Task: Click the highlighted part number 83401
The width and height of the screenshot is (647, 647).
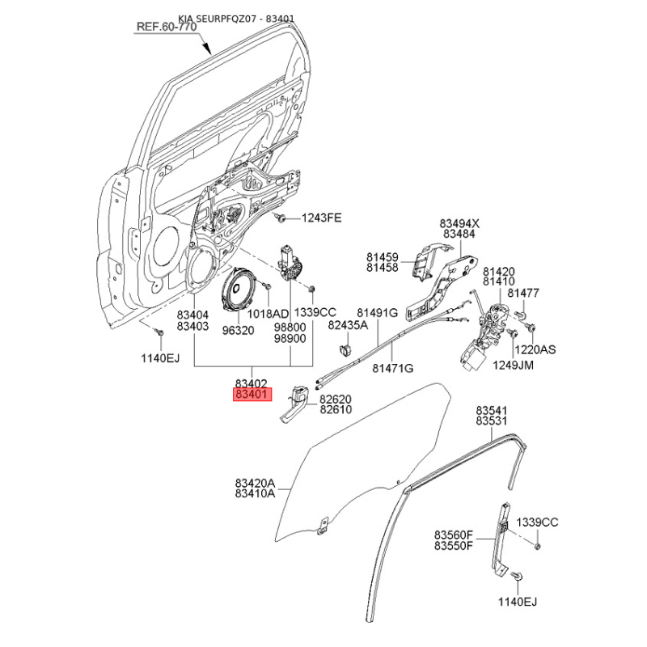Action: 253,395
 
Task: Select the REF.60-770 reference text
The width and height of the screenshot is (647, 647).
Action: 167,27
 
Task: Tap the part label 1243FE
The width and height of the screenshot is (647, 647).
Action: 321,218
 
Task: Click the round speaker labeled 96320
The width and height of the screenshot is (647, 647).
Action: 239,290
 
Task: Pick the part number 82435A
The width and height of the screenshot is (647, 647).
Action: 348,325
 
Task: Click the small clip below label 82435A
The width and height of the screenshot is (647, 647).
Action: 345,349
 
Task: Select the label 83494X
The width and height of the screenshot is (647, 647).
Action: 459,224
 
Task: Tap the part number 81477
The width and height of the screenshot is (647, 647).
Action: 522,293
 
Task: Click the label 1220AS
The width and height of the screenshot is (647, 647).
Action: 535,349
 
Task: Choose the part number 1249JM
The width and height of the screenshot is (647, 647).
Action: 513,366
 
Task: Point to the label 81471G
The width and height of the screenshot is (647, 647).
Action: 392,368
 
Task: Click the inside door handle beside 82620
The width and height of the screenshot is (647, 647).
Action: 294,404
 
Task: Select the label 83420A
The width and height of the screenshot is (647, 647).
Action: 255,483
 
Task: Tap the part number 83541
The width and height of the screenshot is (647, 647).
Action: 492,411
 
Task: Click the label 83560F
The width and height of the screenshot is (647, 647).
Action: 453,535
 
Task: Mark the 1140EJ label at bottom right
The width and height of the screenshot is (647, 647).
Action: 518,602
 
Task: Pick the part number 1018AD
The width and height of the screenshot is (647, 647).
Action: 268,314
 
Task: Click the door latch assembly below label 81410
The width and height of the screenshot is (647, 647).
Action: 484,335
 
